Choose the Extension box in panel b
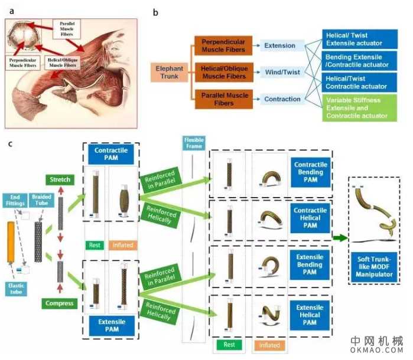click(x=280, y=45)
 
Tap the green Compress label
click(x=59, y=303)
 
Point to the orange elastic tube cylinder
click(x=11, y=243)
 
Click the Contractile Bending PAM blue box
click(x=310, y=171)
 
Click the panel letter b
click(x=155, y=11)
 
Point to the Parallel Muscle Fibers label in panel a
click(x=67, y=28)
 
